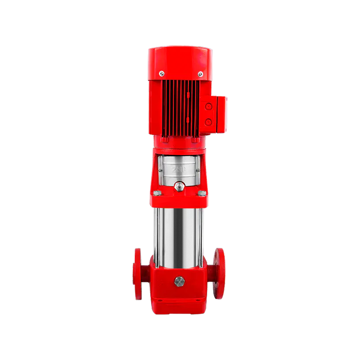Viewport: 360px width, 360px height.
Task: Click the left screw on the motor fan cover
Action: pos(162,73)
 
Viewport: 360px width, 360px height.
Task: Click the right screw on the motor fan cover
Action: pos(200,74)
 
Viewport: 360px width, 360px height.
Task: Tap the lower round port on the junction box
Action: pos(208,121)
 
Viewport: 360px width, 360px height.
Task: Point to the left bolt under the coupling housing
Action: pos(157,193)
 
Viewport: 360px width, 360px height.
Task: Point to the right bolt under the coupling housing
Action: pos(202,193)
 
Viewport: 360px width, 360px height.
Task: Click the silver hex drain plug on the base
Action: pos(180,281)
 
